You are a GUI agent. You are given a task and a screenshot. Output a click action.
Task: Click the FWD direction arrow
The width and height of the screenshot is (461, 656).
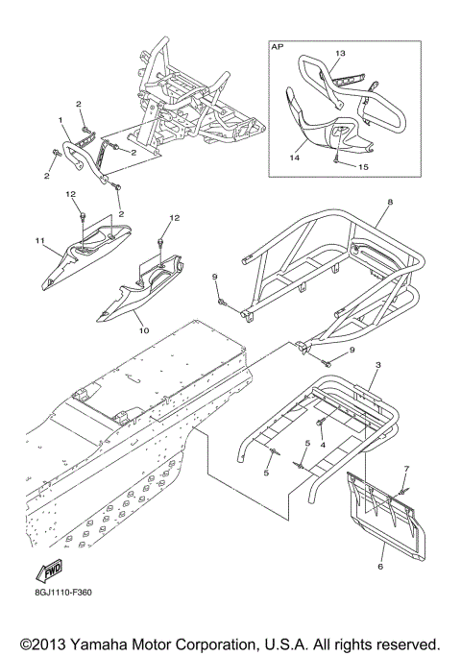(49, 571)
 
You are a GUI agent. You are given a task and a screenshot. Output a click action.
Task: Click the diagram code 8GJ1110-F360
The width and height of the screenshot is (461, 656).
(63, 593)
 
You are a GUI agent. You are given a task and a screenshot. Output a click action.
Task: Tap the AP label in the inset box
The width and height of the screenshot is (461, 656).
(277, 47)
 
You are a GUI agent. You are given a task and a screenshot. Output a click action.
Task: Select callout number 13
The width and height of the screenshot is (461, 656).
(340, 53)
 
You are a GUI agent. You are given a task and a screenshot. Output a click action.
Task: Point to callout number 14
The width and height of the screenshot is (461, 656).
(295, 159)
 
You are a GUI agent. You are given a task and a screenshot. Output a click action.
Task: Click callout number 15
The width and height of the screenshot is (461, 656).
(363, 167)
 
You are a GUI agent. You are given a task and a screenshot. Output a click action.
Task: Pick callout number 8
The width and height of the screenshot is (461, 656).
(390, 202)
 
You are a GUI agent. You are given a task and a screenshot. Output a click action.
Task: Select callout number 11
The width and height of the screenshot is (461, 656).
(39, 240)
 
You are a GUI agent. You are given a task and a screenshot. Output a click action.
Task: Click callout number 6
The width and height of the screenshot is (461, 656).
(380, 567)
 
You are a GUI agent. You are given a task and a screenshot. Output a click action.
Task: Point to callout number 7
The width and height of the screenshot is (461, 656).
(406, 468)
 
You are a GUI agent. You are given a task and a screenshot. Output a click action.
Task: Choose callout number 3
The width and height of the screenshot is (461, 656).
(378, 365)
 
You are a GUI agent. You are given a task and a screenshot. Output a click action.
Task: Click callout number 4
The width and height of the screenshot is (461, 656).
(323, 445)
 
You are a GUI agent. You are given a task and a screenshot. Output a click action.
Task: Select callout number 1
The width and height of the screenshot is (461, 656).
(61, 120)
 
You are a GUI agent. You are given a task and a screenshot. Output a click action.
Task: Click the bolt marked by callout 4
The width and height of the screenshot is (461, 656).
(319, 424)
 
